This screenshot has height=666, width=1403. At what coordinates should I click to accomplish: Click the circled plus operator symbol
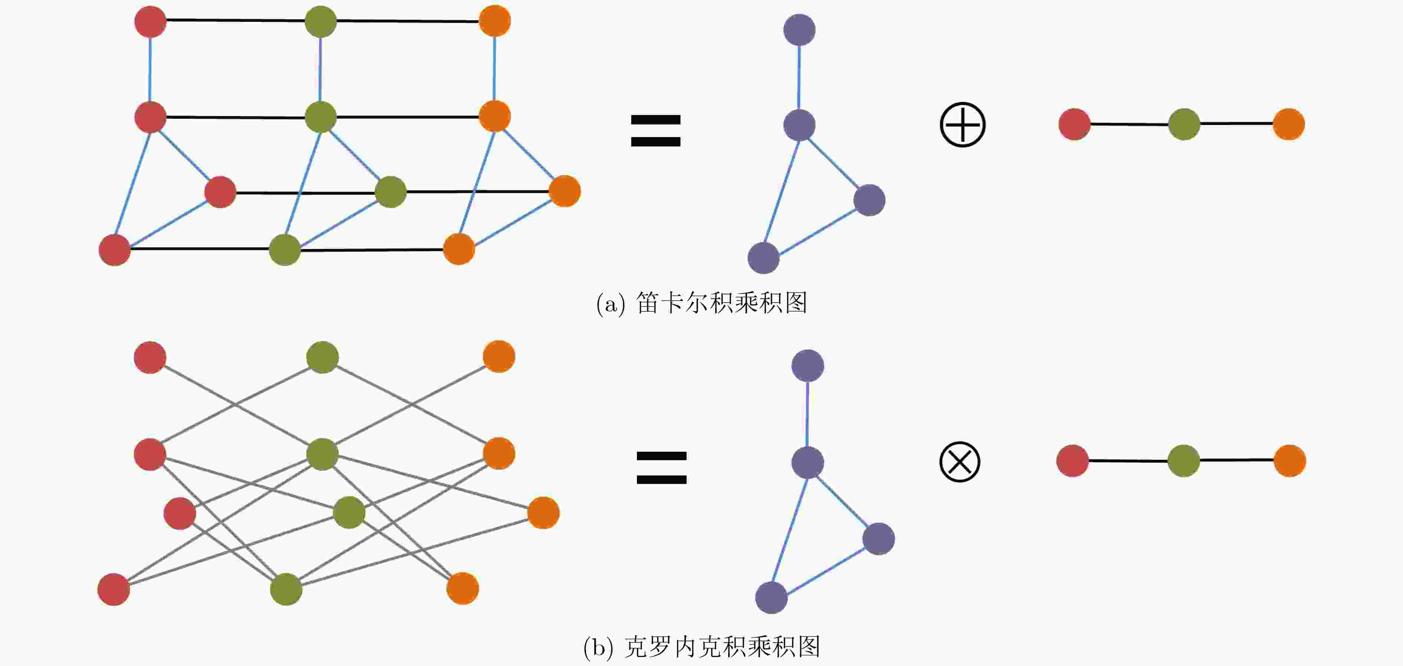coord(962,125)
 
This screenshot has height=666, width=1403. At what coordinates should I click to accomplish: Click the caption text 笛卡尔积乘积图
coord(721,303)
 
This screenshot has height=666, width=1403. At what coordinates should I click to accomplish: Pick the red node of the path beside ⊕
coord(1074,124)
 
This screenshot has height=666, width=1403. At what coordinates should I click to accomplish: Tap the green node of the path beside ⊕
coord(1184,124)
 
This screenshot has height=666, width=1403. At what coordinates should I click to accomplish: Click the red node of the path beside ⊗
coord(1072,461)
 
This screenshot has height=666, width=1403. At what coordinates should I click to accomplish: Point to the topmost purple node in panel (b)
coord(807,365)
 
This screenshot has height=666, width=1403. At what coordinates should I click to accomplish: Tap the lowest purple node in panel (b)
coord(771,597)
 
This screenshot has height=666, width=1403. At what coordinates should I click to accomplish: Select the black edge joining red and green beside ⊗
coord(1128,461)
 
